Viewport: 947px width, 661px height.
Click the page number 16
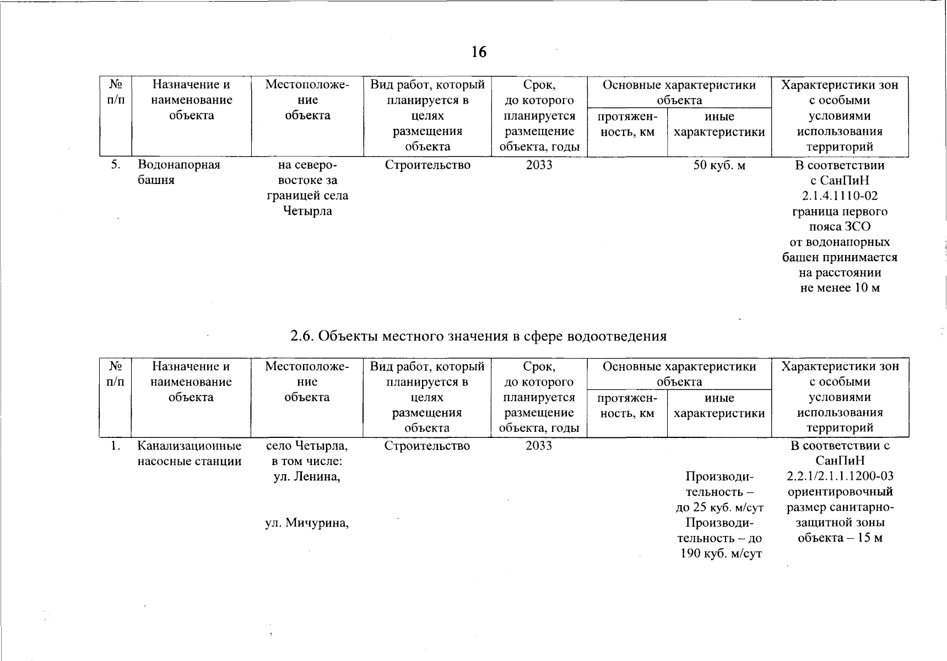pos(479,52)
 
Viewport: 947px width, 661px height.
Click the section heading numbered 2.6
pos(478,336)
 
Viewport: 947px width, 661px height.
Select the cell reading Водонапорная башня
pos(178,172)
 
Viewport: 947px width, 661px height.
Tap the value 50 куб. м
pos(719,165)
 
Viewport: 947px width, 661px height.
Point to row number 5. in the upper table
pos(115,165)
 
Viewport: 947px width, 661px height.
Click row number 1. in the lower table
pos(115,446)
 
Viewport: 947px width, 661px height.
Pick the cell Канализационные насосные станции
pos(190,453)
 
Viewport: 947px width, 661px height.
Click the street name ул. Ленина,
pos(307,476)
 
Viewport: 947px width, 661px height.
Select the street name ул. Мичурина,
pos(307,523)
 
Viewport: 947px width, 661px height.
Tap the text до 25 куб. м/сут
pos(719,507)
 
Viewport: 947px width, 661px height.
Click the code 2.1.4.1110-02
pos(840,196)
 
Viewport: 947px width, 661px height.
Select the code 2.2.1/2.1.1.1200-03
pos(840,476)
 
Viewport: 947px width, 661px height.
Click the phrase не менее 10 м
pos(840,288)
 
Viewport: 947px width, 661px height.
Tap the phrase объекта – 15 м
pos(840,538)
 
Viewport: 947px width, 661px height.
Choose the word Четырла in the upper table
pos(307,211)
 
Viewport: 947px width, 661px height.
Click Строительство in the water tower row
pos(427,165)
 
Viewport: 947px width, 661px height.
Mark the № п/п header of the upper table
pos(115,92)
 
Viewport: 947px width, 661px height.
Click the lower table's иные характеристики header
pos(719,405)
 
